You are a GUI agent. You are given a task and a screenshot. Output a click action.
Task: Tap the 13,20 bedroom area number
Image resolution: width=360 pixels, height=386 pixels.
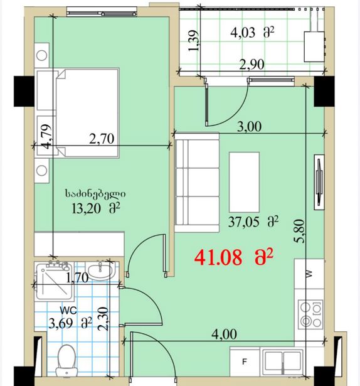coord(87,209)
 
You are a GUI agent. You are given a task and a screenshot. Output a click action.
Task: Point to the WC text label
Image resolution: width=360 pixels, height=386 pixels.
coord(68,311)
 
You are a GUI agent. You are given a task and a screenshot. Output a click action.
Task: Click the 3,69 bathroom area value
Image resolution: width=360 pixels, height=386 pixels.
coord(61,323)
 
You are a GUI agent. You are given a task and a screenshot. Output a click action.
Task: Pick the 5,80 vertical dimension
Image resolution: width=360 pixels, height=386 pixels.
coord(300,232)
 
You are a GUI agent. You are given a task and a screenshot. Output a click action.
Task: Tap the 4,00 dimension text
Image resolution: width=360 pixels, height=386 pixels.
coord(225,335)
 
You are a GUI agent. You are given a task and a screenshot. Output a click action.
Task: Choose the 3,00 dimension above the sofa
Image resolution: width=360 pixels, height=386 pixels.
coord(249,127)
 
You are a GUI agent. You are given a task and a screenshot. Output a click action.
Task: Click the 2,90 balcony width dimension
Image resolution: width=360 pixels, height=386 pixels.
coord(252,65)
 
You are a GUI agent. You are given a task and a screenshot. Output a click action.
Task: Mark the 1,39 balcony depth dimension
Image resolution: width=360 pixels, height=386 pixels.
coord(193,41)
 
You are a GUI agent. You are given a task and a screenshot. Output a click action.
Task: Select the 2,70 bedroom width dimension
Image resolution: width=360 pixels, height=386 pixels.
coord(102,139)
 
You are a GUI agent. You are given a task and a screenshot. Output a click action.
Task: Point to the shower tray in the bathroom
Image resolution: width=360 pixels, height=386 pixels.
coord(55,281)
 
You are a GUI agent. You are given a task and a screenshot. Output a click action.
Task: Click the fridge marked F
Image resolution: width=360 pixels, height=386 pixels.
coord(245,362)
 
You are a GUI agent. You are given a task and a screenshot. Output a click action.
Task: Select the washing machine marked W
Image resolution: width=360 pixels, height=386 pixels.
coord(309,274)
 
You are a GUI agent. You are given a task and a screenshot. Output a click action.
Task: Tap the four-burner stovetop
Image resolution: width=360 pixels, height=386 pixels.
coord(310,314)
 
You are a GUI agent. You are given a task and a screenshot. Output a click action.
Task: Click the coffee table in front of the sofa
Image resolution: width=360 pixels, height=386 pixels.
coord(244,182)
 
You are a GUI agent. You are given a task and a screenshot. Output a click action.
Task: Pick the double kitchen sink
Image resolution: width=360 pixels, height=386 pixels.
coord(283,362)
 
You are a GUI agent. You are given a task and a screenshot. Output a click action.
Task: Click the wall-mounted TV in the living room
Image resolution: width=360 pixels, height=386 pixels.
coord(319,183)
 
